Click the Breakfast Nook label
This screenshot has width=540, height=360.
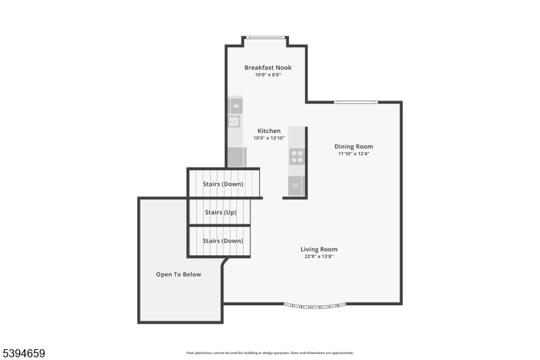(x=268, y=68)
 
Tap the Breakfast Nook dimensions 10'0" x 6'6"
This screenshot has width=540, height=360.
(x=268, y=75)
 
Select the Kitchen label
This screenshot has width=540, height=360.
(x=269, y=131)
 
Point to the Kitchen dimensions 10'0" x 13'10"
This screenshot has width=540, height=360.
(x=269, y=138)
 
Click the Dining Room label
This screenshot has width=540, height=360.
(x=354, y=147)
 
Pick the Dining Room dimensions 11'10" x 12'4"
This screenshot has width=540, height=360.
(x=354, y=154)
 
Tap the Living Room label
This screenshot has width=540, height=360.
(x=319, y=249)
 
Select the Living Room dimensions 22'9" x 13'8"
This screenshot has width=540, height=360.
(x=319, y=257)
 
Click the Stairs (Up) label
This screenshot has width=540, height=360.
(x=220, y=213)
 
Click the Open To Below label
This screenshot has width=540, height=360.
(x=178, y=274)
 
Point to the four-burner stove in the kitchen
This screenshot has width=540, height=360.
(x=296, y=157)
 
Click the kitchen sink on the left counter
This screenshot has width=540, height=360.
(x=234, y=122)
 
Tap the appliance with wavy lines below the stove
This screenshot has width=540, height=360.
(x=296, y=185)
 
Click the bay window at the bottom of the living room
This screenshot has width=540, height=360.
(x=316, y=305)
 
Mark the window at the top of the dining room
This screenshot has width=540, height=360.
(x=356, y=102)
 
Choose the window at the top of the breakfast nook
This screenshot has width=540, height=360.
(x=266, y=37)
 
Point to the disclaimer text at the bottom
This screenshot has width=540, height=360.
(x=270, y=353)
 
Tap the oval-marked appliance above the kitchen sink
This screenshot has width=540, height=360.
(x=236, y=105)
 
